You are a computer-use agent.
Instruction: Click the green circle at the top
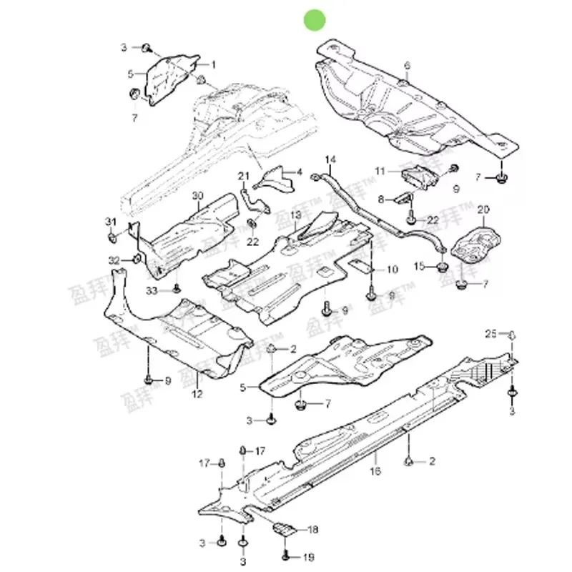pos(315,21)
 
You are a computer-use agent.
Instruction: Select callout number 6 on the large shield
pos(407,66)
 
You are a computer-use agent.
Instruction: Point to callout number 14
pos(330,159)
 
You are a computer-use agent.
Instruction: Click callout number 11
pos(380,171)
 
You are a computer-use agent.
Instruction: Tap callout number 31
pos(110,220)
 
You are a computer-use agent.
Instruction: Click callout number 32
pos(114,259)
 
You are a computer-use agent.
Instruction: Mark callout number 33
pos(151,290)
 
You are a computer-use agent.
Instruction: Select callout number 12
pos(197,393)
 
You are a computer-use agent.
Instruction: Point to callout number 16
pos(375,470)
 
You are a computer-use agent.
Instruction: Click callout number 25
pos(490,334)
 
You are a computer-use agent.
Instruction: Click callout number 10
pos(393,270)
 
